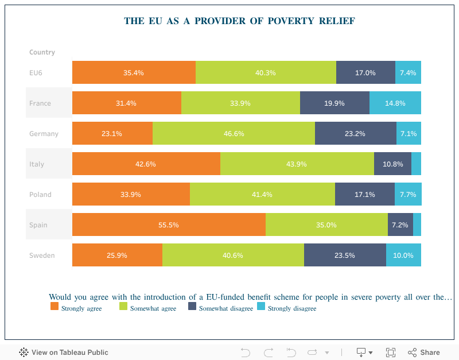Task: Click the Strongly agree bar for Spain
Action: (169, 224)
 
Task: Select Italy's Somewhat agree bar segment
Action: (297, 164)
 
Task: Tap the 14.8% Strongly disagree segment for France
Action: (395, 103)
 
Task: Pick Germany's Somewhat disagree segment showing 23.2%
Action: (356, 134)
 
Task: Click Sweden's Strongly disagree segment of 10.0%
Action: (403, 256)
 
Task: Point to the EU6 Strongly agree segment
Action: (134, 73)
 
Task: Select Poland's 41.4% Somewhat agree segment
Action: (262, 194)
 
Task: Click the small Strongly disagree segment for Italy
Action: (417, 164)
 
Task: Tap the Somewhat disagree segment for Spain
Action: (400, 224)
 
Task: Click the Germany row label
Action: (44, 134)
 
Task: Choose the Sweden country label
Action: (42, 256)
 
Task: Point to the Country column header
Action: (42, 52)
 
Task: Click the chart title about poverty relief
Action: (239, 21)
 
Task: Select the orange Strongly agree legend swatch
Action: (55, 307)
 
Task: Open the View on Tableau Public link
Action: (64, 353)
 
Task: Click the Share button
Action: (424, 353)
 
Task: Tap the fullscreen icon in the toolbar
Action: (391, 353)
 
